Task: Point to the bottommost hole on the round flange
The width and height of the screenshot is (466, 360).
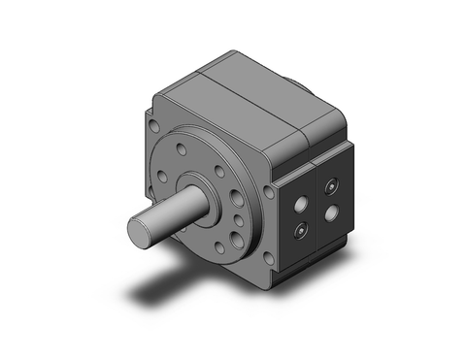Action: click(x=220, y=250)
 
